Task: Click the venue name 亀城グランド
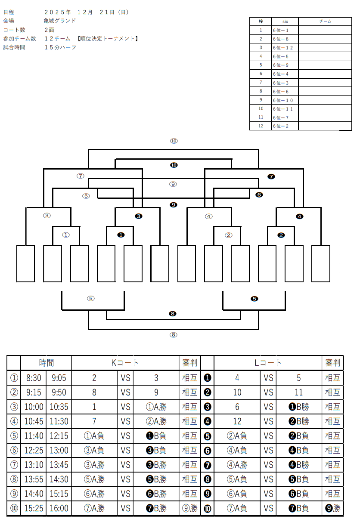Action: click(60, 21)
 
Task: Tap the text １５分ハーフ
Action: click(60, 47)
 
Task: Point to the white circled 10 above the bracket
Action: click(174, 141)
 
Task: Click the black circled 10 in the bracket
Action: click(174, 165)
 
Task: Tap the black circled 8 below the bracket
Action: click(173, 314)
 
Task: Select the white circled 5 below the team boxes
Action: click(90, 298)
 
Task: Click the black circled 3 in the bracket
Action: click(138, 216)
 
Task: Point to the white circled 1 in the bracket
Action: click(66, 235)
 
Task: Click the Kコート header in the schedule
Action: click(125, 363)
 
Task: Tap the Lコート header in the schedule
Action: click(267, 363)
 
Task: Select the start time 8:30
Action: click(33, 378)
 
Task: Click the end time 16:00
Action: click(59, 508)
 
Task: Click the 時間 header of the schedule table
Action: click(46, 363)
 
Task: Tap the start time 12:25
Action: click(33, 450)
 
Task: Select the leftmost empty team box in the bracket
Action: click(25, 263)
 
